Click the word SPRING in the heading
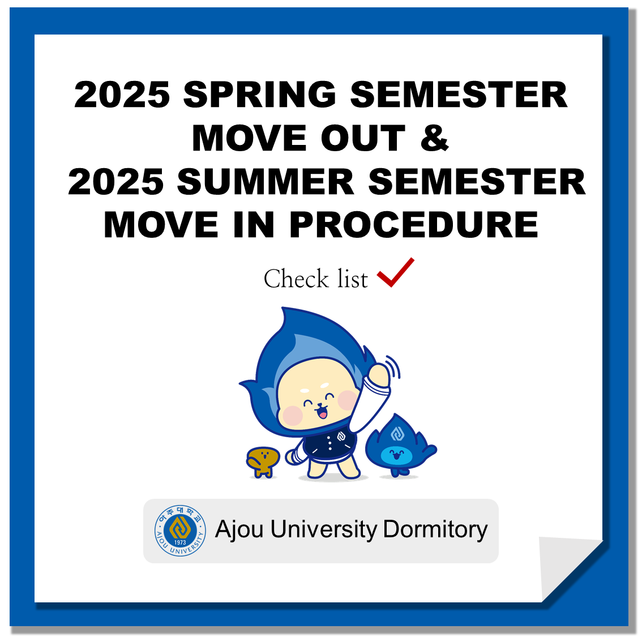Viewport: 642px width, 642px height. (x=260, y=95)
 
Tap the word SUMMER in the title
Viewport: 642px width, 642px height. (x=266, y=182)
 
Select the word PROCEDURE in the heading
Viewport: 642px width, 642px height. (x=414, y=225)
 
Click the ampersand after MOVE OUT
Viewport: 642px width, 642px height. (x=434, y=138)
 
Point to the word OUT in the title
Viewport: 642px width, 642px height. (x=363, y=138)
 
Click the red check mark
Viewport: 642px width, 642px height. (x=396, y=272)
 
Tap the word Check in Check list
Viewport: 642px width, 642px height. (x=296, y=279)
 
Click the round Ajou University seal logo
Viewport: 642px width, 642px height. (x=180, y=530)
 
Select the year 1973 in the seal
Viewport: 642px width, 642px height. (x=180, y=542)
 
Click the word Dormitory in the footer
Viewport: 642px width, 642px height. (x=435, y=529)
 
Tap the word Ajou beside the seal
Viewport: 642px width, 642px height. (x=239, y=529)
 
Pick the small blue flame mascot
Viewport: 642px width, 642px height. (x=400, y=446)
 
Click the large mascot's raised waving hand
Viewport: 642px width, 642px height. (x=379, y=374)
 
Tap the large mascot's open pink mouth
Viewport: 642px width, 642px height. (x=323, y=413)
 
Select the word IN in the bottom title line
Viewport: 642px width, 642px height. (x=254, y=225)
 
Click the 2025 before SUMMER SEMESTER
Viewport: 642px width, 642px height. (x=116, y=182)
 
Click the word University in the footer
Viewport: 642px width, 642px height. (x=323, y=529)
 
